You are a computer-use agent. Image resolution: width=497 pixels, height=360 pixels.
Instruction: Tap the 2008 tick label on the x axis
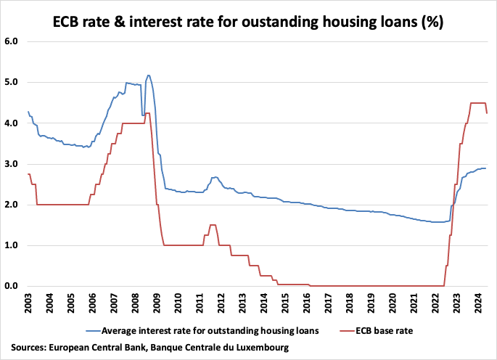136,302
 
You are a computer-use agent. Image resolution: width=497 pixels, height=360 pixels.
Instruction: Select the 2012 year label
221,302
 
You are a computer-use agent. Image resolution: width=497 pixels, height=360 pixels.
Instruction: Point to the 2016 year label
307,302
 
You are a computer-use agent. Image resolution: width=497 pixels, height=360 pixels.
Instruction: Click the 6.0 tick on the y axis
12,42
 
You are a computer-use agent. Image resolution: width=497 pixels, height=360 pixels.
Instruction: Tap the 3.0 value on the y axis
12,164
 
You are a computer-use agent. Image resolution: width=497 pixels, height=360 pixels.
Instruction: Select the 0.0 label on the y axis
12,286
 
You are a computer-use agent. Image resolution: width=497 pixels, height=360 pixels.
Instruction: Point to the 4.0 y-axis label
12,123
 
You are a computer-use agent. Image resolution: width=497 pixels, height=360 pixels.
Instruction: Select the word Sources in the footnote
28,348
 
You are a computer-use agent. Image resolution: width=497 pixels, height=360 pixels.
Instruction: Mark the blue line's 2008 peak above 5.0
149,75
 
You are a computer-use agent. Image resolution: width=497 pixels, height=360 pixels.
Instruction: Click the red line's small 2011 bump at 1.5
213,225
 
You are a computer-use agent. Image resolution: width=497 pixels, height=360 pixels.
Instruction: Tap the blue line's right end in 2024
485,168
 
